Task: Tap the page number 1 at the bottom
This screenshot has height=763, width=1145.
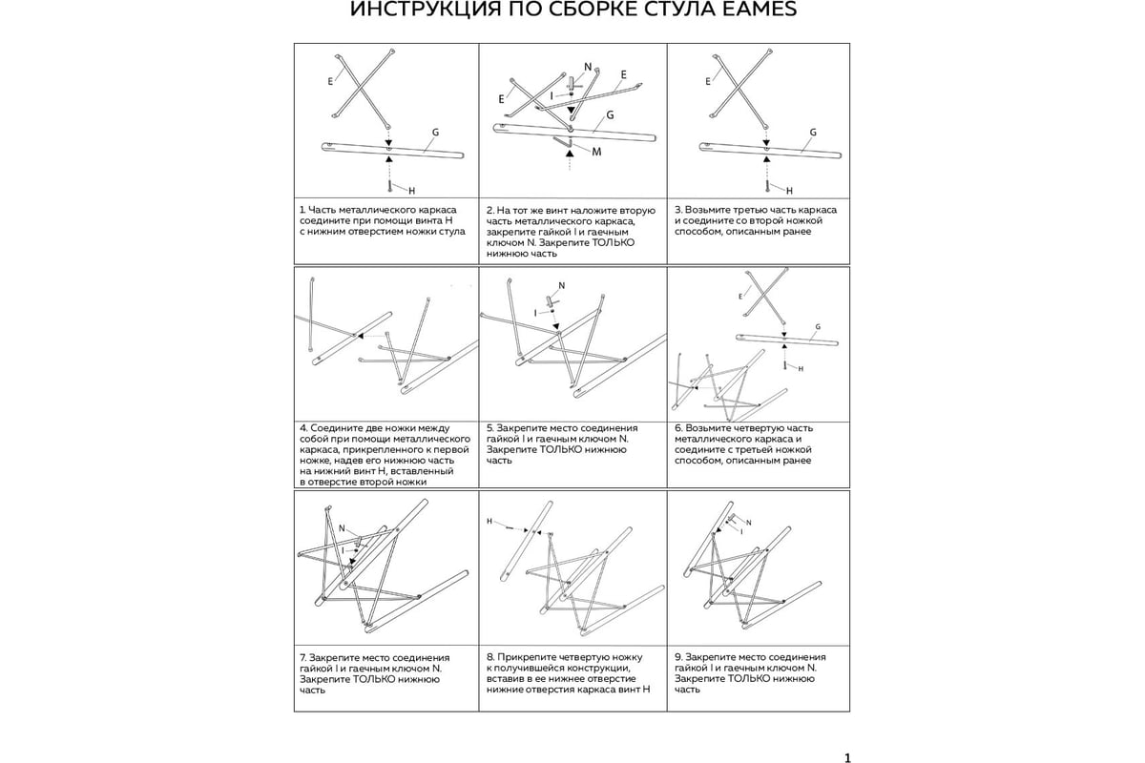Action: pyautogui.click(x=847, y=758)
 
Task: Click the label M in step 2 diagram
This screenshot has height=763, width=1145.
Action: pyautogui.click(x=595, y=153)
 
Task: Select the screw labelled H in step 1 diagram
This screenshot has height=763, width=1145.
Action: pyautogui.click(x=389, y=182)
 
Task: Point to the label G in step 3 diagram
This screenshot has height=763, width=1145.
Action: pyautogui.click(x=813, y=133)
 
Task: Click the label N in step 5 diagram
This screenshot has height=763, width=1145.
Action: pyautogui.click(x=561, y=286)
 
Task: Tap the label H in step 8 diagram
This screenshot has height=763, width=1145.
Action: pyautogui.click(x=489, y=522)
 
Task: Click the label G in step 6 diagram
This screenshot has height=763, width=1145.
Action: pyautogui.click(x=817, y=326)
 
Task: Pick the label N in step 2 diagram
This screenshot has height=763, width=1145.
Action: pyautogui.click(x=588, y=67)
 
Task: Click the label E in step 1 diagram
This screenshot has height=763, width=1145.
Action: pyautogui.click(x=330, y=82)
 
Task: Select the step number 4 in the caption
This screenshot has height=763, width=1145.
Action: pyautogui.click(x=302, y=428)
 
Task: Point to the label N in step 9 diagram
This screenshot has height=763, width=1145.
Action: pyautogui.click(x=748, y=523)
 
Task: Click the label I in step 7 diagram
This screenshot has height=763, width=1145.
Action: pyautogui.click(x=343, y=550)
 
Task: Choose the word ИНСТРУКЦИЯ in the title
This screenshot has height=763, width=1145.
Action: pyautogui.click(x=413, y=10)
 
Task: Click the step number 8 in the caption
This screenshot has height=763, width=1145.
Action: pyautogui.click(x=489, y=657)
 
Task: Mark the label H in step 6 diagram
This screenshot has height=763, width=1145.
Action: pyautogui.click(x=800, y=368)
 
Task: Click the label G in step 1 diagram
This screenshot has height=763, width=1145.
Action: pyautogui.click(x=435, y=133)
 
